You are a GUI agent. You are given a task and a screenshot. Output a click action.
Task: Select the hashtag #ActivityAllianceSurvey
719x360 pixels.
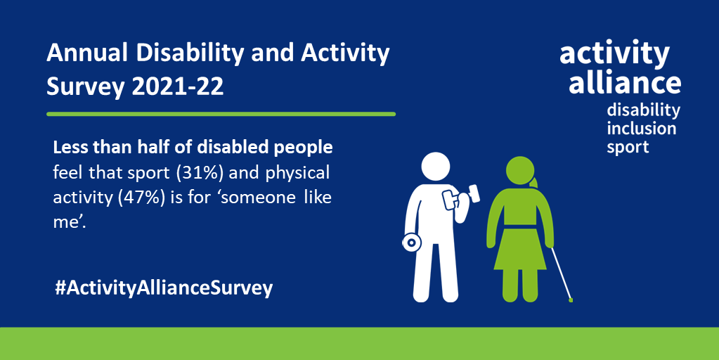click(x=163, y=288)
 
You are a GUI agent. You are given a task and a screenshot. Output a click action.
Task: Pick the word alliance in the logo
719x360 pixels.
click(x=624, y=82)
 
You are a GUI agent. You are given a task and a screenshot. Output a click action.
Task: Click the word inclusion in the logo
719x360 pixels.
click(x=641, y=129)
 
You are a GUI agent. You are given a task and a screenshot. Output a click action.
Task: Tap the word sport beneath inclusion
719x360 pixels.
click(x=628, y=147)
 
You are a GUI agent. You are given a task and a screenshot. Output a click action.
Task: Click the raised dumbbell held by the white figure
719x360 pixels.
click(x=460, y=195)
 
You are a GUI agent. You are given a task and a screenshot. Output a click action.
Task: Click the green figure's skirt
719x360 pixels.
click(x=520, y=252)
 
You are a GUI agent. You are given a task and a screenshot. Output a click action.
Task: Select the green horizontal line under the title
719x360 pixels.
click(x=221, y=113)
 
